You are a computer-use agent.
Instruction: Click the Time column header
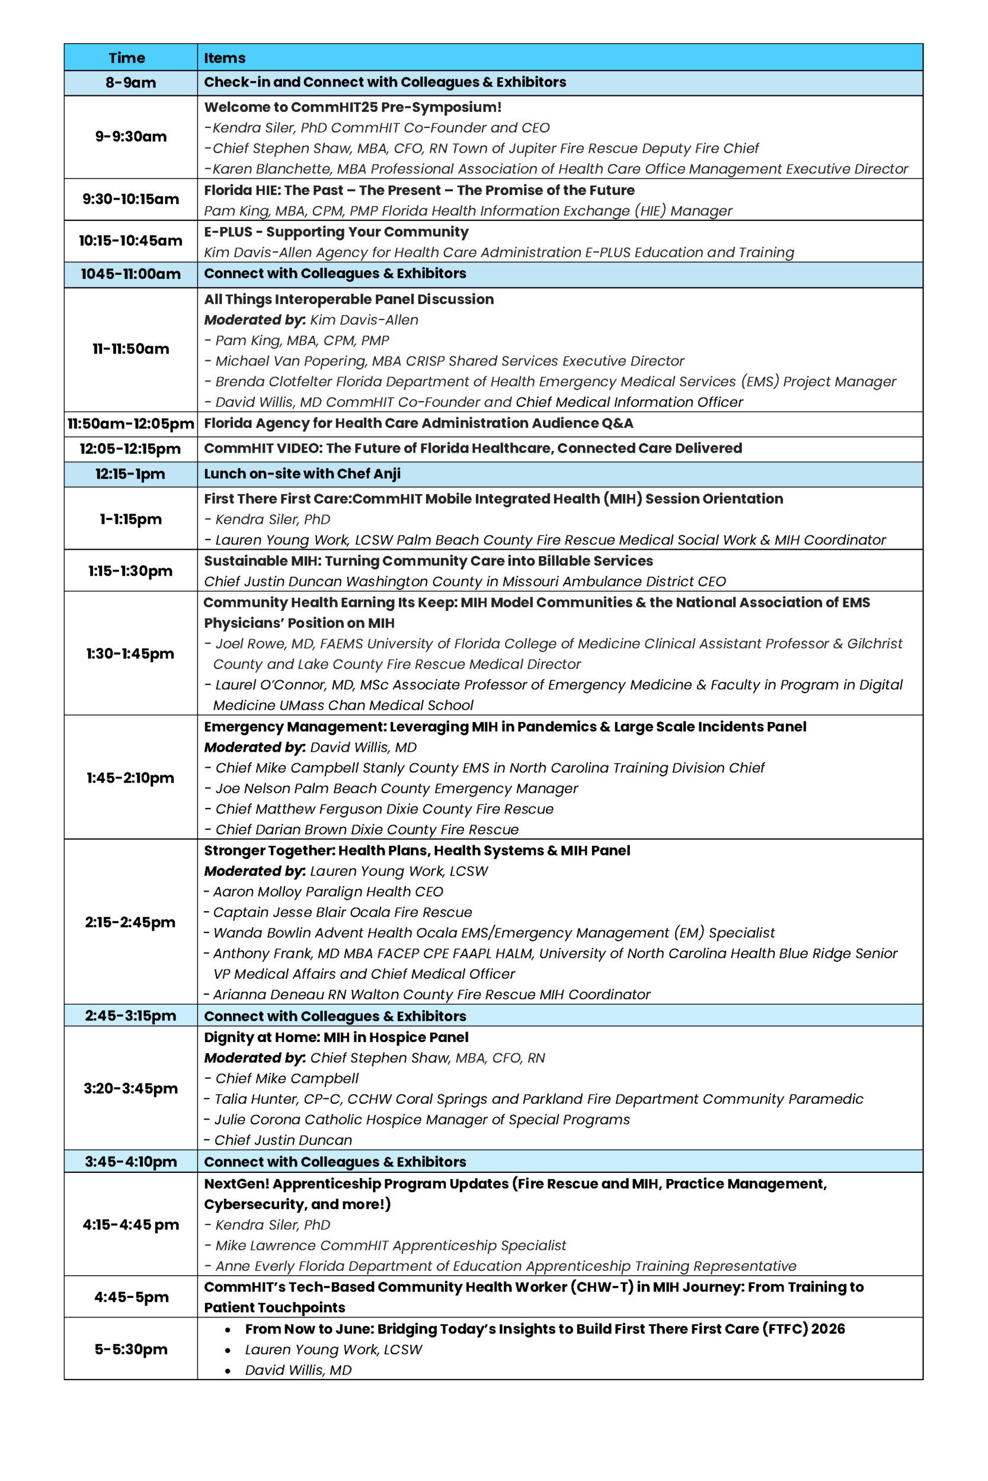[x=127, y=58]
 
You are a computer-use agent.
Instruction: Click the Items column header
[x=224, y=58]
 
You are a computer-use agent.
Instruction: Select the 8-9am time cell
[x=130, y=82]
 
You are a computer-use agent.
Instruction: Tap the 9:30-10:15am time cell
[x=130, y=199]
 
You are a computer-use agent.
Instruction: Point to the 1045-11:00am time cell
[x=130, y=274]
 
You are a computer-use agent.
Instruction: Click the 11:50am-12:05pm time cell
[x=130, y=424]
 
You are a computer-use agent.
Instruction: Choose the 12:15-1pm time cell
[x=130, y=474]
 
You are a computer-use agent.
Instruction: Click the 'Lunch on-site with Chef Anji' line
[x=302, y=473]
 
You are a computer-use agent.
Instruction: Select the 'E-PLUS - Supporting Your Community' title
[x=336, y=232]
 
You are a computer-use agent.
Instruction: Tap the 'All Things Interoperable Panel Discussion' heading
[x=348, y=299]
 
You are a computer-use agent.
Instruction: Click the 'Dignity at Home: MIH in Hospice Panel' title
[x=336, y=1037]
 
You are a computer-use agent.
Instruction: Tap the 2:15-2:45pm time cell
[x=130, y=922]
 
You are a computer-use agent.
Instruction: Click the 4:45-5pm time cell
[x=131, y=1297]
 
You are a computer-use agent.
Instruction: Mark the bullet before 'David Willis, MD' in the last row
[x=228, y=1371]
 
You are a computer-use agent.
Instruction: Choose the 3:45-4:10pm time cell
[x=130, y=1162]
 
